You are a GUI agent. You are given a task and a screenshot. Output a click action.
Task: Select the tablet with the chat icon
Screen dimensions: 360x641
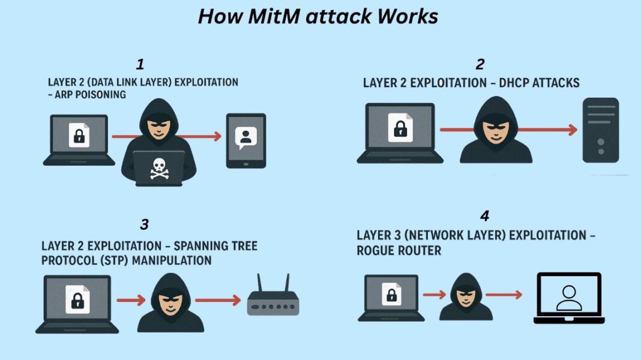pyautogui.click(x=245, y=140)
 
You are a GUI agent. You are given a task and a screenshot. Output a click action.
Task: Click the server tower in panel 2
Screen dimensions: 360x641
pyautogui.click(x=600, y=130)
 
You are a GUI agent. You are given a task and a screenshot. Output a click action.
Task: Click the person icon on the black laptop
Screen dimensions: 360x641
pyautogui.click(x=568, y=298)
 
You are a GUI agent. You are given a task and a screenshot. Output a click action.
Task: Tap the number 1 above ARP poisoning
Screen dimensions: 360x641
pyautogui.click(x=140, y=64)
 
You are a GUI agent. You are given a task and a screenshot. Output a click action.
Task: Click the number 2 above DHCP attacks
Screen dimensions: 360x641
pyautogui.click(x=480, y=64)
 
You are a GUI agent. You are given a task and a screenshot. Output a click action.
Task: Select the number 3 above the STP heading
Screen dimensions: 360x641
pyautogui.click(x=144, y=224)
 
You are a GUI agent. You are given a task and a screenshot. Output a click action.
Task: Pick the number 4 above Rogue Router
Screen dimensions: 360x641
pyautogui.click(x=485, y=215)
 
